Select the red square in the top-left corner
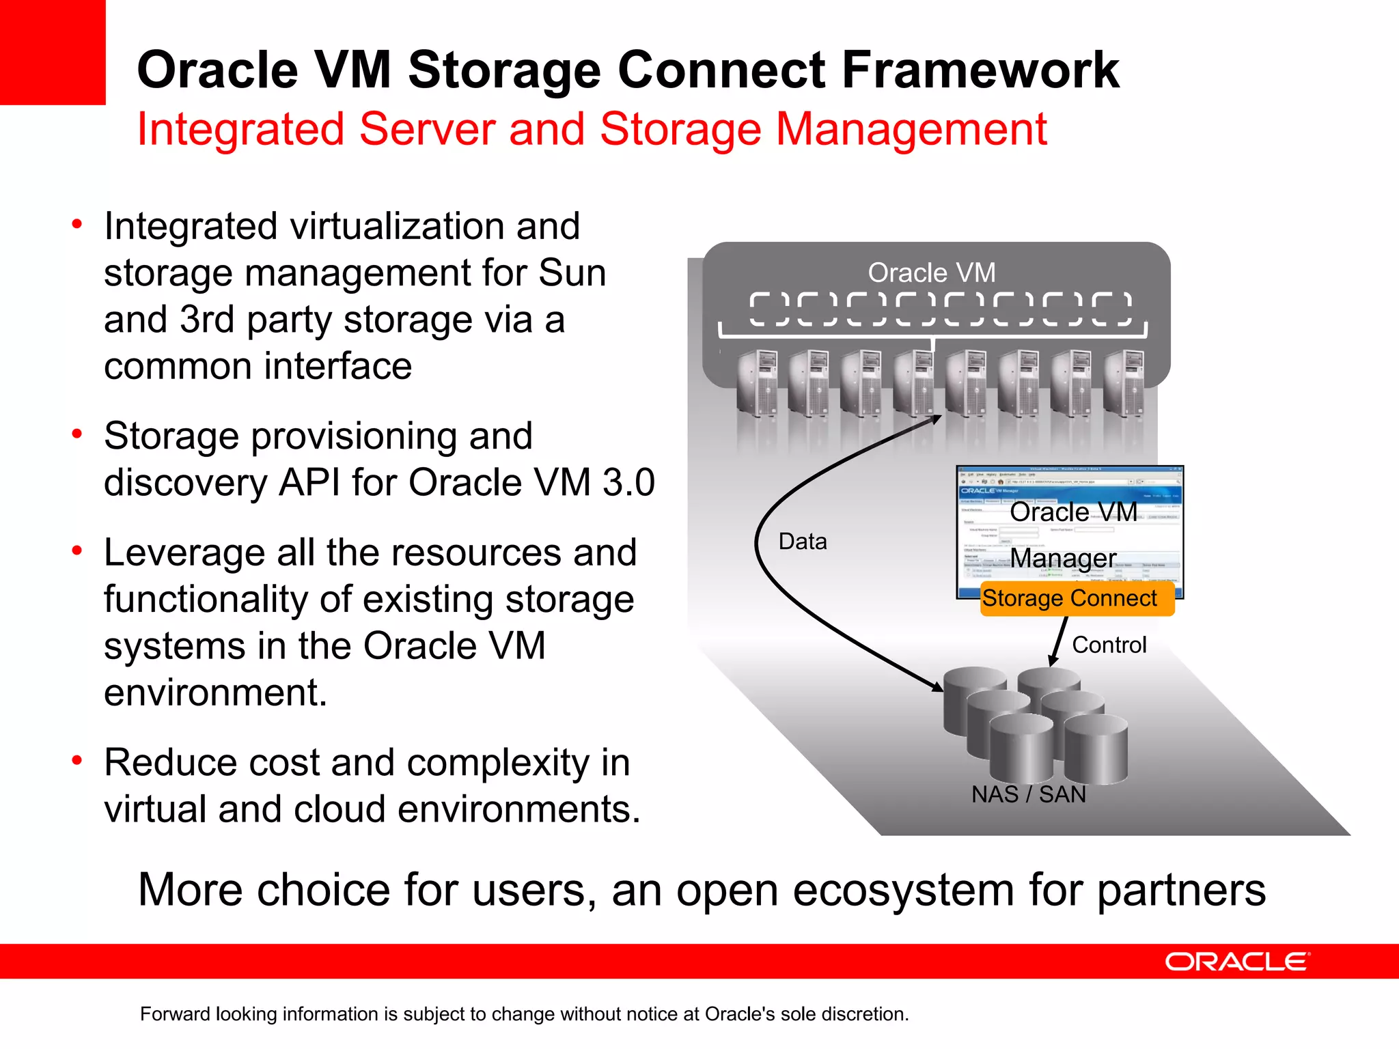tap(53, 52)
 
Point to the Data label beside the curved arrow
tap(803, 542)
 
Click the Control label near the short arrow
tap(1109, 645)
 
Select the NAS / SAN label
tap(1029, 794)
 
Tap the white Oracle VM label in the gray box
tap(932, 272)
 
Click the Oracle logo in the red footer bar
tap(1236, 962)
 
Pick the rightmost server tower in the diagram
tap(1124, 382)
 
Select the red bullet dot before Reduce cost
tap(77, 760)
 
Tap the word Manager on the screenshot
tap(1063, 559)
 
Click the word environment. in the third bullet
tap(216, 693)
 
